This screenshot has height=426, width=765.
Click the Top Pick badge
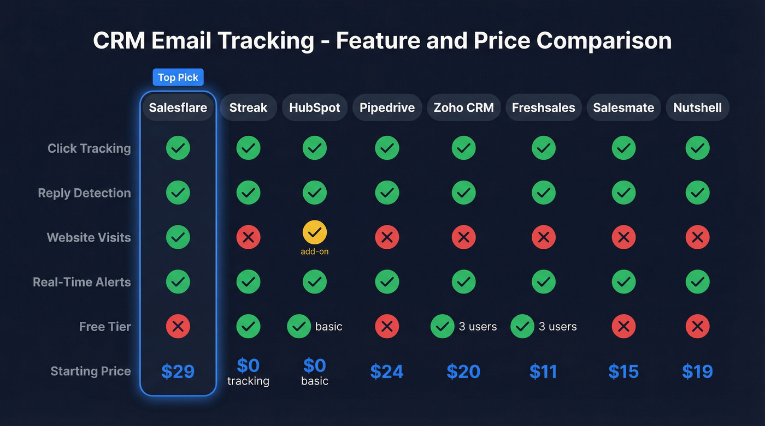(x=178, y=77)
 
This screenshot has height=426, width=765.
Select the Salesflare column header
(x=178, y=107)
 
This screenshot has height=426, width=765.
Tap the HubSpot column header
(x=315, y=107)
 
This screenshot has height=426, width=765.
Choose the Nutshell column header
(x=697, y=107)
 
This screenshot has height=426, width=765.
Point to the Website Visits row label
(x=89, y=237)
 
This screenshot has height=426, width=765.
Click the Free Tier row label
(x=105, y=327)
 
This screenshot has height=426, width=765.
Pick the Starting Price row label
(x=91, y=371)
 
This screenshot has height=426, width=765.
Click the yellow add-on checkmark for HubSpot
(x=315, y=233)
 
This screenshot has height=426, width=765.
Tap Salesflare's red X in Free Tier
(x=178, y=327)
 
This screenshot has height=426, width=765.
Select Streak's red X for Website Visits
(x=248, y=237)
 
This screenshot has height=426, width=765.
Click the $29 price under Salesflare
(x=178, y=371)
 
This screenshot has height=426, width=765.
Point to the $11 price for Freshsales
(x=543, y=371)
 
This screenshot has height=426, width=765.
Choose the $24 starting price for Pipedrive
(x=387, y=371)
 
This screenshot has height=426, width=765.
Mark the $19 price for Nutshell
(x=697, y=371)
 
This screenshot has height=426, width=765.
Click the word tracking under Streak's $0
(x=248, y=381)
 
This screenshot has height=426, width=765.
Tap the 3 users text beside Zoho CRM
(x=478, y=327)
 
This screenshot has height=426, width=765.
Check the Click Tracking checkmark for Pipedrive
(x=387, y=148)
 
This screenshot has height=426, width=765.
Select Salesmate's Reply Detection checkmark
(x=623, y=193)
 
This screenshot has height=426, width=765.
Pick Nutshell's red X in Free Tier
(x=697, y=327)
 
